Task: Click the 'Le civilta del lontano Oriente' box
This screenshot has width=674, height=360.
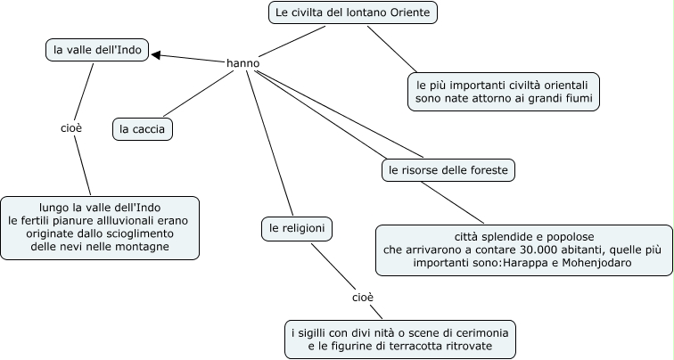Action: pos(353,12)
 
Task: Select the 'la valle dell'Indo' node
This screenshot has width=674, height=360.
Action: pos(96,50)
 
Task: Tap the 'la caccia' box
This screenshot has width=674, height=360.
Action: pos(143,129)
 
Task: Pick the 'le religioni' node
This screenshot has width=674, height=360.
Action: pos(298,229)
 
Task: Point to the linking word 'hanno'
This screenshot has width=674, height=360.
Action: pos(243,63)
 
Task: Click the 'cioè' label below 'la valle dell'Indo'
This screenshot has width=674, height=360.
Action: pos(71,128)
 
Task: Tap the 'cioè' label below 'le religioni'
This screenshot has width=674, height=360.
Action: pos(362,296)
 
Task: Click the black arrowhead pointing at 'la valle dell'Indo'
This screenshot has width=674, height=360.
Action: pos(157,55)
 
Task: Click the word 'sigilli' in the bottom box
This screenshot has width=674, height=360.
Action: pos(316,332)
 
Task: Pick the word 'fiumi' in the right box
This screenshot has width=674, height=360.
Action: pos(576,96)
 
